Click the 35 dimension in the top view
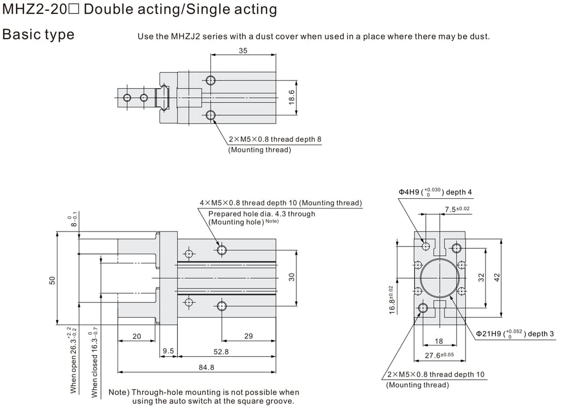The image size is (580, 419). click(243, 50)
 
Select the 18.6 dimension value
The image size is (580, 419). click(292, 98)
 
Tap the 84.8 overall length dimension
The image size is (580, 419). click(206, 367)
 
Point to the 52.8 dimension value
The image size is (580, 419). click(221, 351)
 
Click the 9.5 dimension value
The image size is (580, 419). click(168, 351)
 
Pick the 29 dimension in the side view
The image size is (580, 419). click(248, 336)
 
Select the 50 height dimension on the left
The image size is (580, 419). click(52, 280)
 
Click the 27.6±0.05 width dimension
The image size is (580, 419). click(439, 355)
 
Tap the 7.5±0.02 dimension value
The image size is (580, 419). click(457, 209)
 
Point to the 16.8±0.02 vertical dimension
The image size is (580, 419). click(392, 300)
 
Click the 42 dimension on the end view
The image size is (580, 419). click(497, 277)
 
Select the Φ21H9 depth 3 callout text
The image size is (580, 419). click(514, 334)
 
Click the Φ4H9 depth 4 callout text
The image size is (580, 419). click(435, 192)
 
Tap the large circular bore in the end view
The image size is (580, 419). click(440, 278)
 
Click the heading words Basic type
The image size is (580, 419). click(39, 34)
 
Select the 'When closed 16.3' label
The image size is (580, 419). click(95, 362)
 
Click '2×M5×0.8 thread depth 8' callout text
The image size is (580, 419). click(275, 139)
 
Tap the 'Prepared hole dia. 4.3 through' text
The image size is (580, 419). click(262, 214)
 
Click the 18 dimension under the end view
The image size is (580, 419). click(439, 342)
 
